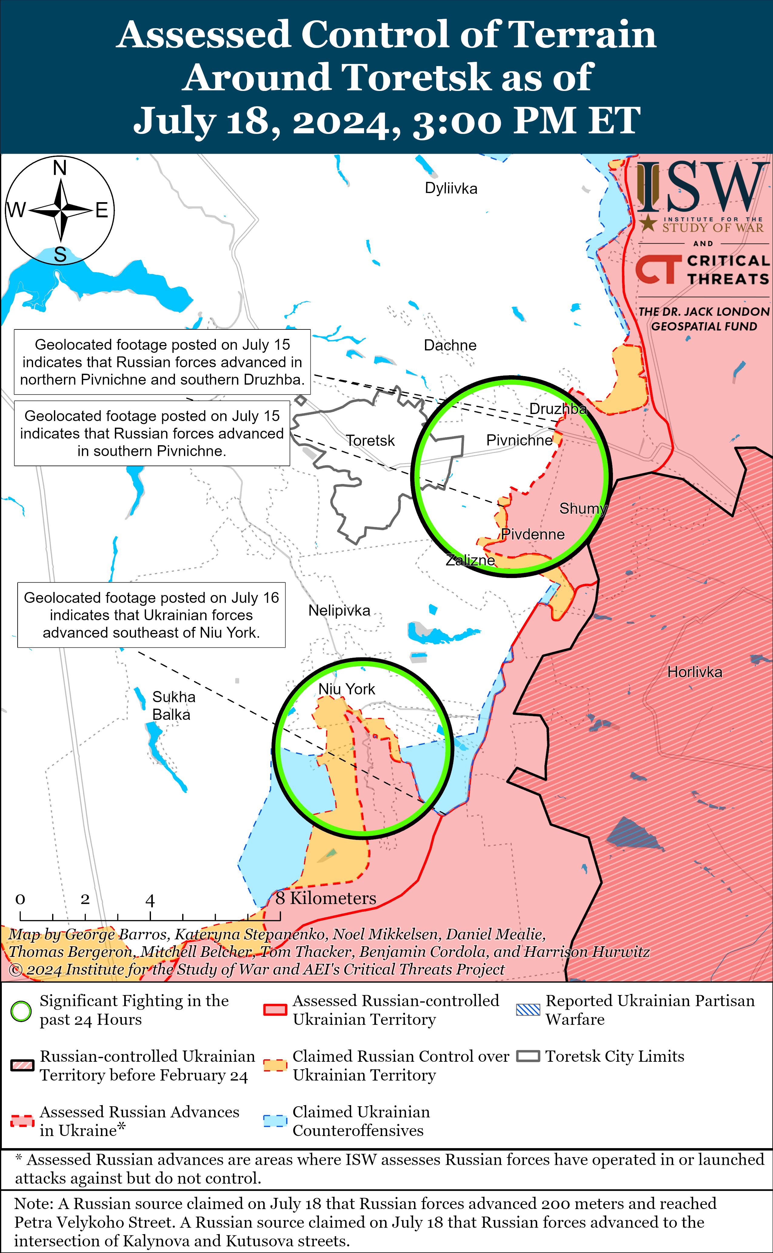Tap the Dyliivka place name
[x=451, y=189]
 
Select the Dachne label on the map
[x=450, y=346]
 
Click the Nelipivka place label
[x=339, y=611]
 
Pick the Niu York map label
[x=346, y=689]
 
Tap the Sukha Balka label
[x=173, y=706]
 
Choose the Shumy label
[x=583, y=509]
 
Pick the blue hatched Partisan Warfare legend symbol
[x=528, y=1010]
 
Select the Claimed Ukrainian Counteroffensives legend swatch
[x=275, y=1121]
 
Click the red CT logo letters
[x=658, y=269]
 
